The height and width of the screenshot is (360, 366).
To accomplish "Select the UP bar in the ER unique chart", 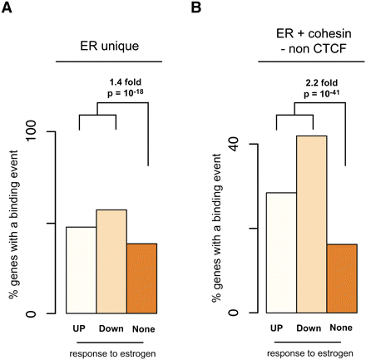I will pos(82,270).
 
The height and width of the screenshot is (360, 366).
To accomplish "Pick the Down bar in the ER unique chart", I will pos(111,261).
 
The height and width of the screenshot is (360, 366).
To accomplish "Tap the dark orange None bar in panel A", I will pos(141,279).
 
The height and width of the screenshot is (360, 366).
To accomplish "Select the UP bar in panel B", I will pos(281,253).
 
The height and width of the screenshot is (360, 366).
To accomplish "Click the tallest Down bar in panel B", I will pos(311,224).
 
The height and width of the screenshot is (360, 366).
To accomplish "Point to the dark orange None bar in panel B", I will pos(341,279).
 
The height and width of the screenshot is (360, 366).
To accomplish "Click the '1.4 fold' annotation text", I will pos(126,81).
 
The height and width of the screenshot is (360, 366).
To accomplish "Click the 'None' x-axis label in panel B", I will pos(340,327).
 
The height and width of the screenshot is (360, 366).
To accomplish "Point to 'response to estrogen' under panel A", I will pos(111,352).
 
